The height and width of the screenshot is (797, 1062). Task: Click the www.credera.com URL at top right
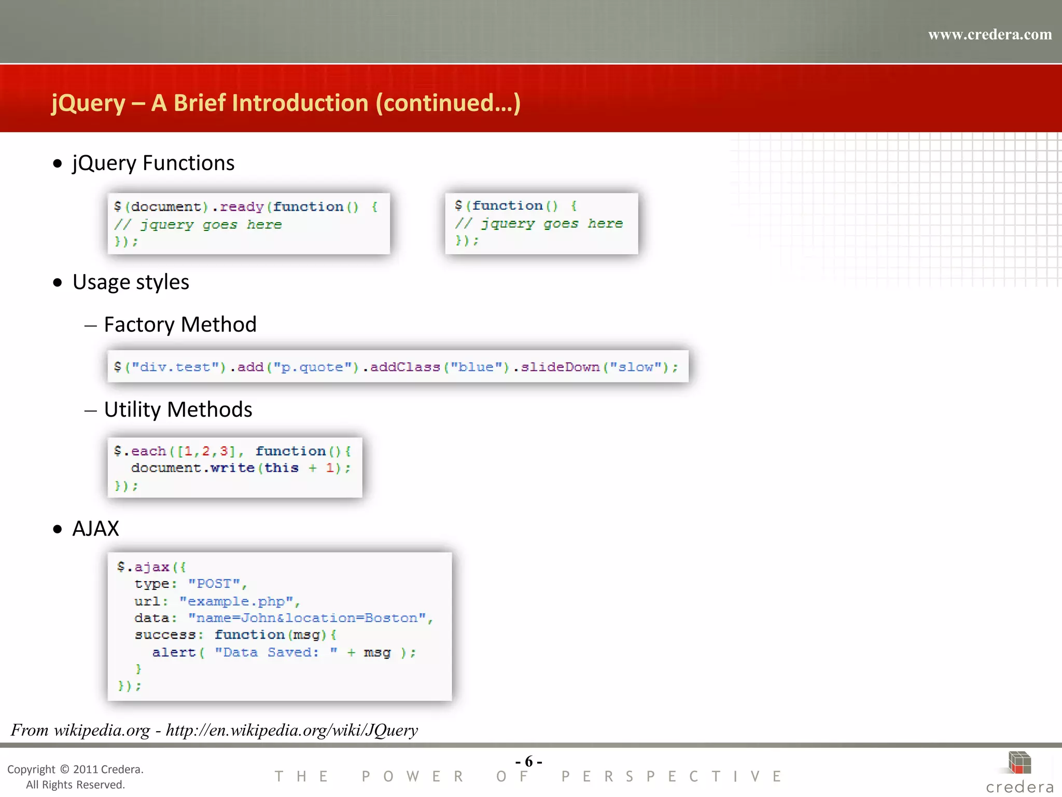point(989,35)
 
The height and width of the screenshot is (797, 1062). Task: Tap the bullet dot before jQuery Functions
point(58,164)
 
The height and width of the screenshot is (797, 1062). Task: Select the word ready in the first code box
point(242,207)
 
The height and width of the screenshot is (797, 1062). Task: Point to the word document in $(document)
point(166,207)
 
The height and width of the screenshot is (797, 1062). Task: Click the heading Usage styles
point(131,282)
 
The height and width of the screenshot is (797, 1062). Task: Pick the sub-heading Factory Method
point(180,325)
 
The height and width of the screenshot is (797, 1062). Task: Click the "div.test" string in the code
point(175,367)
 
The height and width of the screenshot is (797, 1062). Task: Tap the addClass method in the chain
point(404,367)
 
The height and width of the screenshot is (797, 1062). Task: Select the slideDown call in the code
point(560,367)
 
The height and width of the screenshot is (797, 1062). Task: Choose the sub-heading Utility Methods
point(178,410)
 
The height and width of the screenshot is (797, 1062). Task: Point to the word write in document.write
point(232,468)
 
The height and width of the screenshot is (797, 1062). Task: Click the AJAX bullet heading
point(96,529)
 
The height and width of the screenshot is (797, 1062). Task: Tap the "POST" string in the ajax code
point(214,584)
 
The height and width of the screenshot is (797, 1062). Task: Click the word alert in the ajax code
point(174,652)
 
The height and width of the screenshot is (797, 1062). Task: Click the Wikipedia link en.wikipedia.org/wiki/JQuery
point(291,731)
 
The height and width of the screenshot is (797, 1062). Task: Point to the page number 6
point(529,761)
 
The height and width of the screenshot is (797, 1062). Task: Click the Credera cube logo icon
point(1019,763)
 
